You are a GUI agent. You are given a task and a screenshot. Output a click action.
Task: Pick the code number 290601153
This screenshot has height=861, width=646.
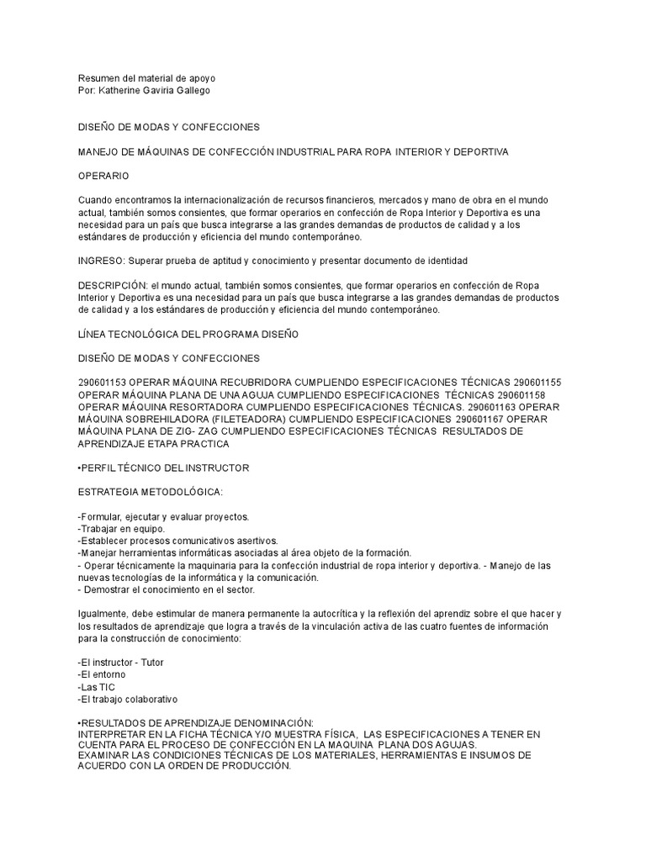coord(103,383)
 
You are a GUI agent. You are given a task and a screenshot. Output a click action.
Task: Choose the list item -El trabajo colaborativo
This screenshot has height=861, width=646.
coord(127,700)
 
